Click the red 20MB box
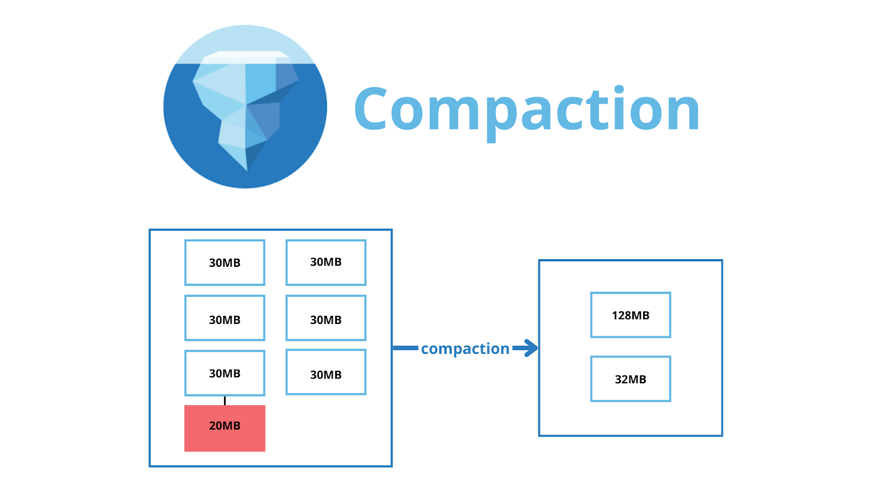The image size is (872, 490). (x=225, y=428)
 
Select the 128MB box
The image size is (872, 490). (x=631, y=315)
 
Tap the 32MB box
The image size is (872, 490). (x=631, y=379)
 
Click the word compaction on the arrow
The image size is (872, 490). (x=465, y=348)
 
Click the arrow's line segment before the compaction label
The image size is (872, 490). (x=405, y=348)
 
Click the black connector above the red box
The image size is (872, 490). (x=225, y=401)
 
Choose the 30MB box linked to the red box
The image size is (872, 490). (x=225, y=373)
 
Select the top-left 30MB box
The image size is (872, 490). (x=225, y=262)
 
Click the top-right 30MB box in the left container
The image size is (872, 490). (x=326, y=262)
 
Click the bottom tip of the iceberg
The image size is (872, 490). (x=246, y=168)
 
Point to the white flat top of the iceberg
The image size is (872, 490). (x=245, y=54)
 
